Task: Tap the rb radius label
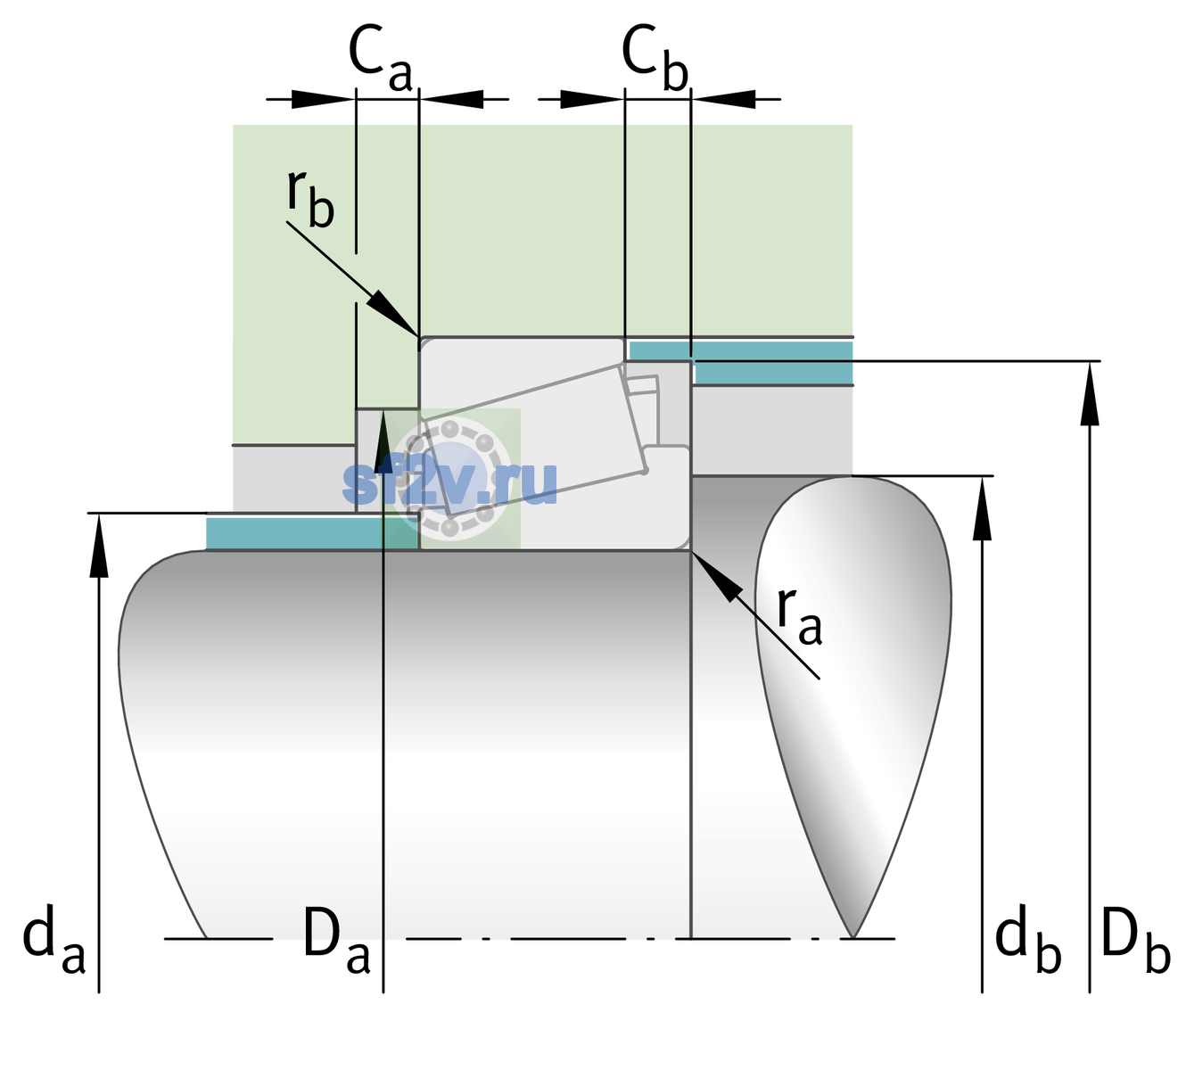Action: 310,198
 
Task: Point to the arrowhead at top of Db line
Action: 1090,392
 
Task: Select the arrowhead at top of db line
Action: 982,508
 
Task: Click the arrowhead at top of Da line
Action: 383,440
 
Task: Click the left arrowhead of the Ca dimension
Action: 323,99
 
